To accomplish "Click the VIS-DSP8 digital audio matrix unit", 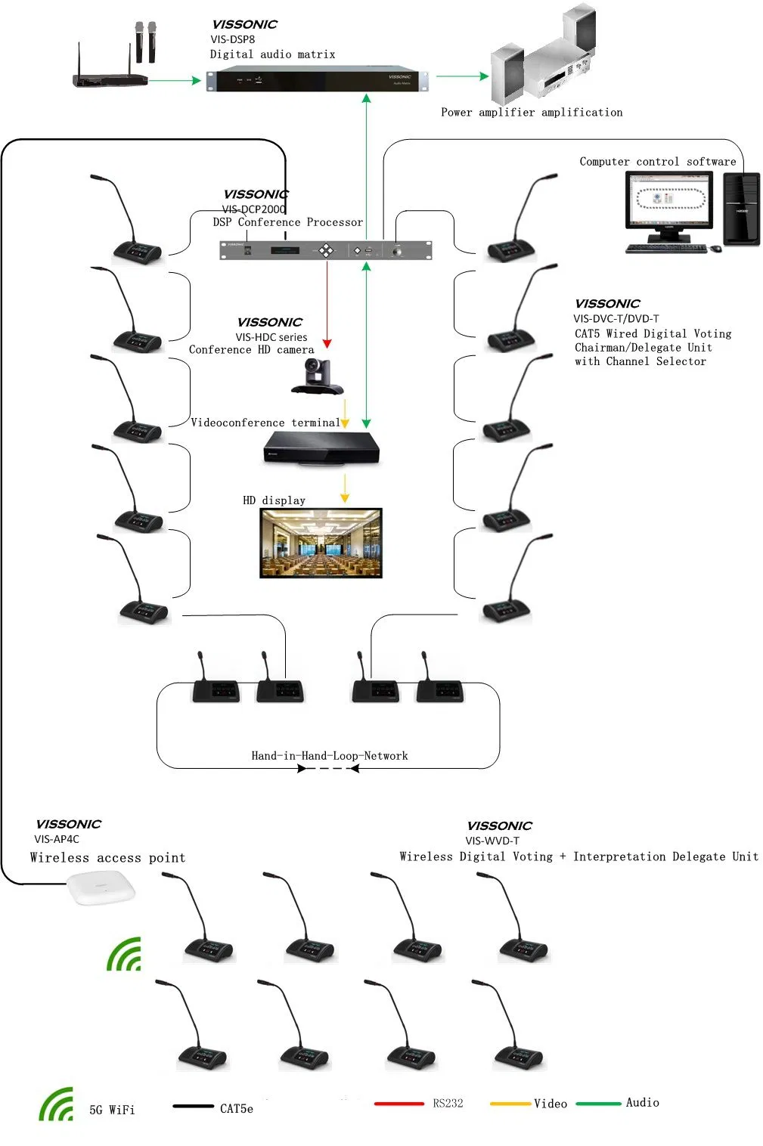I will click(x=317, y=79).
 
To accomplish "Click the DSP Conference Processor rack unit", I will click(x=325, y=249).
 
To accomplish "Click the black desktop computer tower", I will click(x=741, y=209).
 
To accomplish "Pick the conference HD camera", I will click(x=316, y=376).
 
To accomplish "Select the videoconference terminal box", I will click(x=321, y=448).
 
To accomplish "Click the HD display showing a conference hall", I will click(x=321, y=543).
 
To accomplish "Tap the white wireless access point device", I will click(x=101, y=887).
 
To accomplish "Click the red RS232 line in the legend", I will click(x=399, y=1104).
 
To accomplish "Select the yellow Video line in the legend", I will click(x=510, y=1104).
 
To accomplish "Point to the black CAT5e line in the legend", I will click(x=193, y=1107).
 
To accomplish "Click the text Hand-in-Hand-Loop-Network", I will click(x=330, y=756).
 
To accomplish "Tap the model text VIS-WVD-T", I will click(x=492, y=841).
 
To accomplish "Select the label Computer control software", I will click(x=657, y=162).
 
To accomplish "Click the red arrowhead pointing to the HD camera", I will click(x=327, y=343).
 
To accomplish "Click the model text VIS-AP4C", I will click(x=57, y=839).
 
